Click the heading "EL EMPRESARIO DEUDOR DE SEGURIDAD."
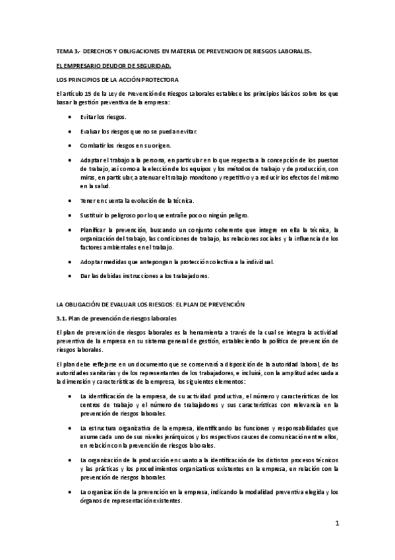click(x=113, y=65)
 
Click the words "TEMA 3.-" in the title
click(x=67, y=51)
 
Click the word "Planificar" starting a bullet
click(x=93, y=230)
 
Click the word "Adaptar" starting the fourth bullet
click(x=91, y=160)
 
